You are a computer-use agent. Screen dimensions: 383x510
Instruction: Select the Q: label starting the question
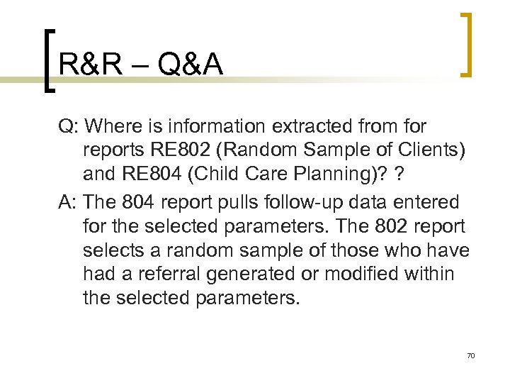click(x=69, y=127)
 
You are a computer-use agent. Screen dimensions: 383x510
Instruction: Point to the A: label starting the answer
click(x=68, y=203)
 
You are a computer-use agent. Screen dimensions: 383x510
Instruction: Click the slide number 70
click(x=470, y=355)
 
